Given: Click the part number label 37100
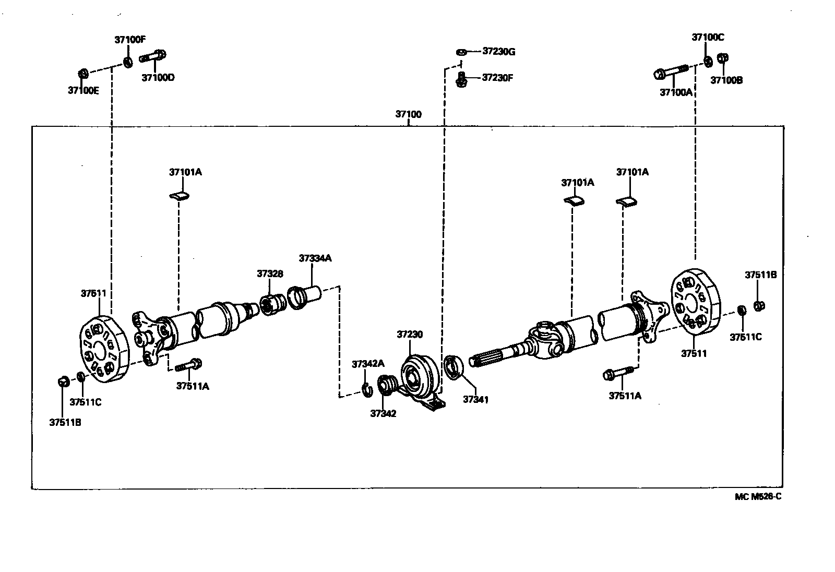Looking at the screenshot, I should click(x=408, y=114).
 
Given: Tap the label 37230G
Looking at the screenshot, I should click(x=498, y=51).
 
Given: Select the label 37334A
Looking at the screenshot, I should click(x=315, y=258).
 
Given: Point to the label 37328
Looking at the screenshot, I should click(x=270, y=273).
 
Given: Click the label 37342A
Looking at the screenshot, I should click(x=367, y=364).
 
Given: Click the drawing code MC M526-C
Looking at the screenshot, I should click(x=758, y=496).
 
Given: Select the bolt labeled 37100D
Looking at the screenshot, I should click(x=153, y=55).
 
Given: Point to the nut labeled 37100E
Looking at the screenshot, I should click(x=82, y=73).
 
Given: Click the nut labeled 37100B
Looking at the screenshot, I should click(x=723, y=58).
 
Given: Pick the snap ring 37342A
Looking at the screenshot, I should click(x=367, y=388).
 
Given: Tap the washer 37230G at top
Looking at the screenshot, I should click(x=461, y=52).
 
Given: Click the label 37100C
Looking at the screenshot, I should click(x=708, y=37).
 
